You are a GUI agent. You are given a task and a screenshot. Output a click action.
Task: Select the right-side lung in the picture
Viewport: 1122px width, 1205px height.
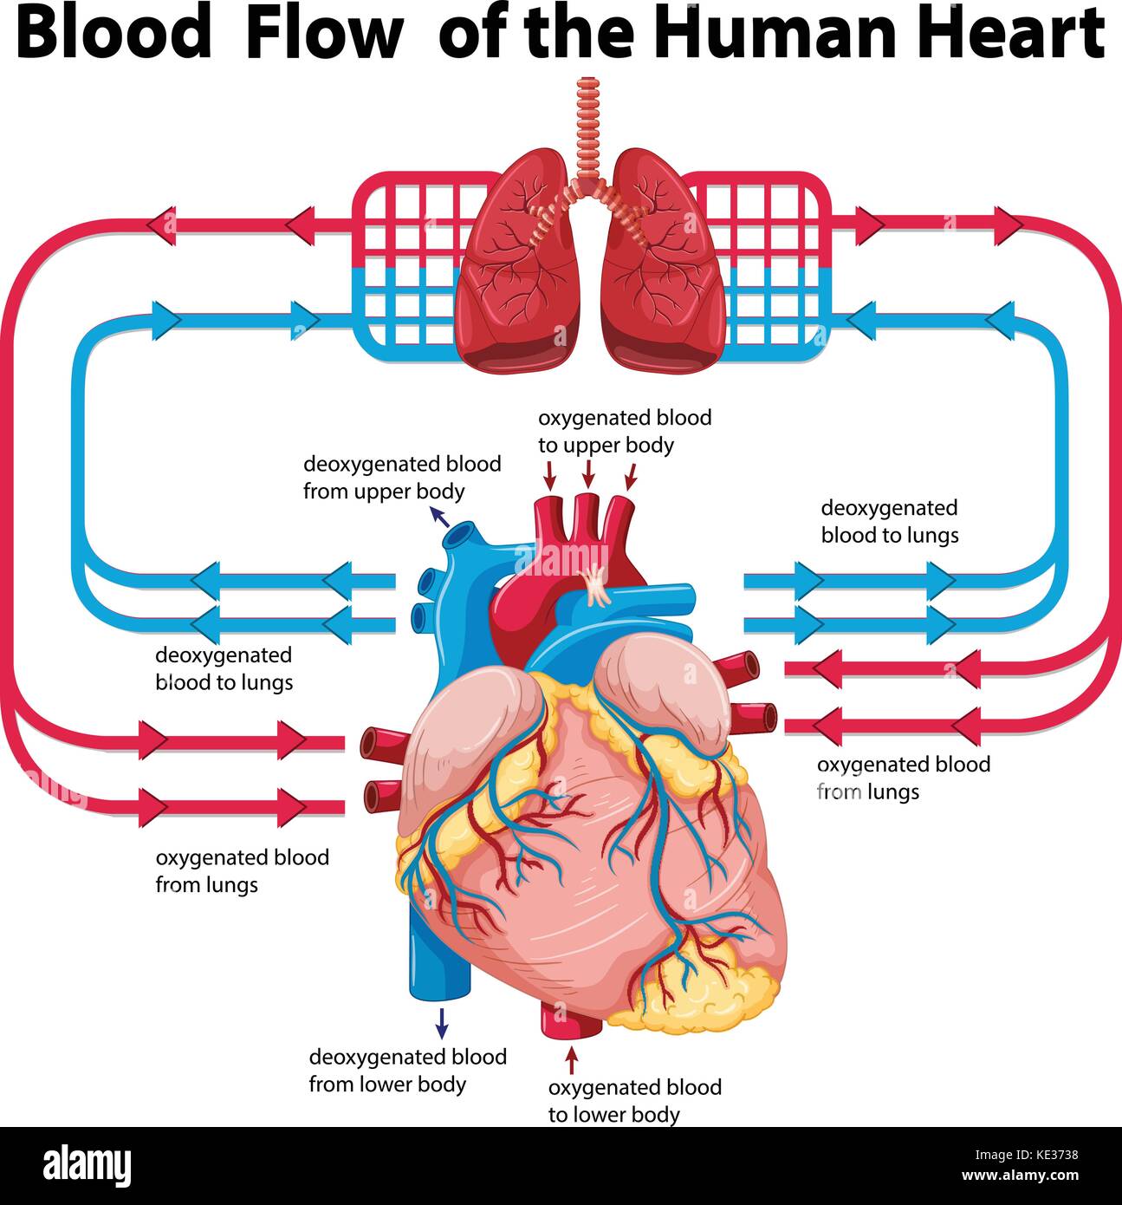(x=663, y=260)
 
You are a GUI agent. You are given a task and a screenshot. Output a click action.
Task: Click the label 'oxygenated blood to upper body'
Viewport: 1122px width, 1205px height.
(x=625, y=431)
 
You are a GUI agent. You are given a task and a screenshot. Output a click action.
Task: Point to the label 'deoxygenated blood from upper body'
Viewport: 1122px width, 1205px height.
(x=402, y=478)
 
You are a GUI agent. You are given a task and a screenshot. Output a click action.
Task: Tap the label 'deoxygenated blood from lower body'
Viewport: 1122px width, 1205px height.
(x=407, y=1070)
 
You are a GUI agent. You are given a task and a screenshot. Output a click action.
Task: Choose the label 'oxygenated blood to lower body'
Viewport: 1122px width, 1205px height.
(x=634, y=1100)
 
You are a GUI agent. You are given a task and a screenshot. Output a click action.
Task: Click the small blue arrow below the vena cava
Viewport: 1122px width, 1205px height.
(x=442, y=1023)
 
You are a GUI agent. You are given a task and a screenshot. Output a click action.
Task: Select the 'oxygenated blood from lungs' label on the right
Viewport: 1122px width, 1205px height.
(x=903, y=778)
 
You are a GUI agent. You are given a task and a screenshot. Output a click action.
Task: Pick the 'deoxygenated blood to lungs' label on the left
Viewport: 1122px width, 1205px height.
(x=224, y=668)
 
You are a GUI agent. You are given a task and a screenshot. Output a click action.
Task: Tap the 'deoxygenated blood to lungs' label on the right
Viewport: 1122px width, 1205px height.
(x=890, y=521)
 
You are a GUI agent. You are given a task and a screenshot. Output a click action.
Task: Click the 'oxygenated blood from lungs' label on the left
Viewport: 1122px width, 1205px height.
(x=242, y=870)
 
